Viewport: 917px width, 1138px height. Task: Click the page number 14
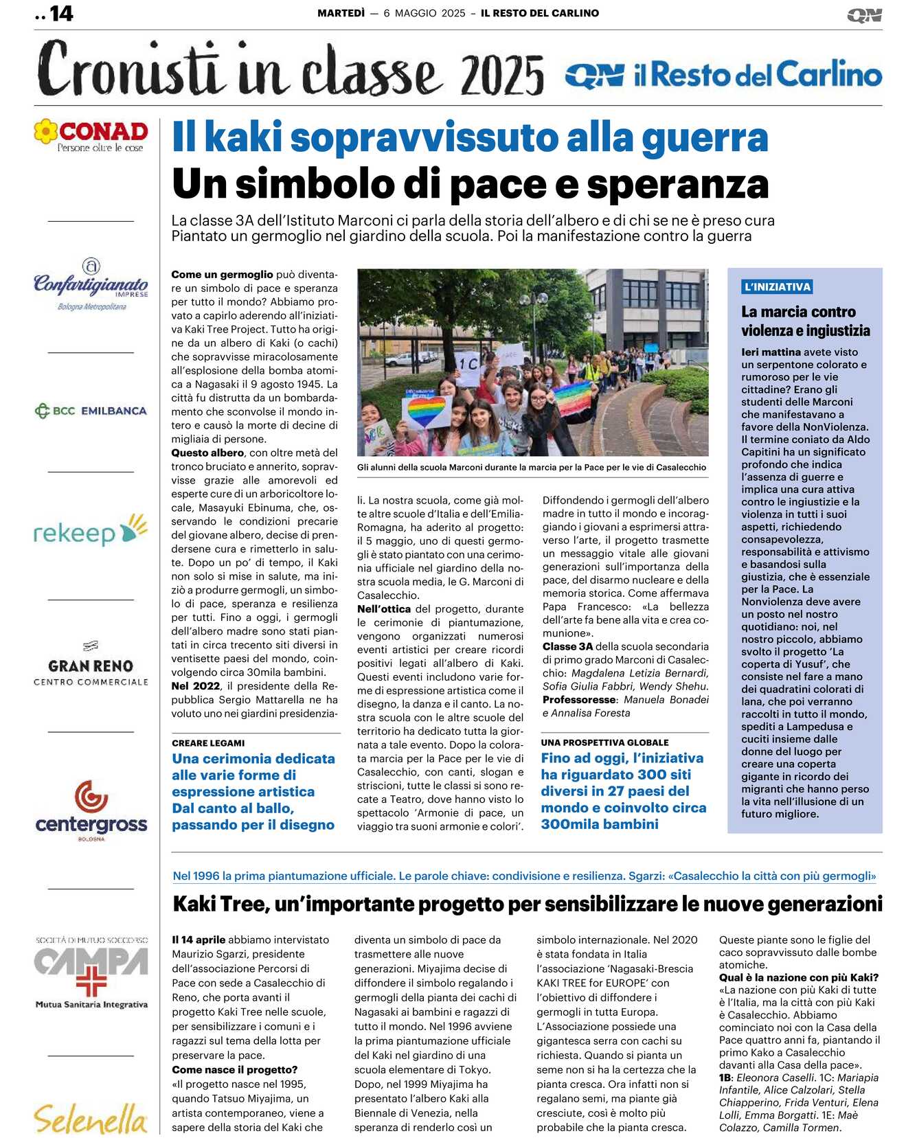coord(61,13)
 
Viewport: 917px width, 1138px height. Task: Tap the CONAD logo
coord(91,135)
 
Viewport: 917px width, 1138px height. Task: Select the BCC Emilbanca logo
coord(91,411)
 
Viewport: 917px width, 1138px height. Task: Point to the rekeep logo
coord(91,530)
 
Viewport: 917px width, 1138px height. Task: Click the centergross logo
coord(91,810)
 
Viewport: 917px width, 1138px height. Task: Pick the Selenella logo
coord(91,1118)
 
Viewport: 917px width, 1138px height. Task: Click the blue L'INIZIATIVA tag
coord(777,287)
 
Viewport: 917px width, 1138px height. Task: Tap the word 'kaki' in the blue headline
coord(243,137)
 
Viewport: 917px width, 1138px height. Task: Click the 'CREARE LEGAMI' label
coord(208,743)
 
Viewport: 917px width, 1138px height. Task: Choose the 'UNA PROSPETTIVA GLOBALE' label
coord(604,742)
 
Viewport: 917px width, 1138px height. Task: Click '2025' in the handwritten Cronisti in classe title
coord(502,76)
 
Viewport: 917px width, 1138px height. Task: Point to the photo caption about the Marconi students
coord(532,467)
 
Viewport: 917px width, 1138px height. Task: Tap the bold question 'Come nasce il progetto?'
coord(235,1069)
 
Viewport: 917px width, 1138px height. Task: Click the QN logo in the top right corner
coord(864,15)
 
